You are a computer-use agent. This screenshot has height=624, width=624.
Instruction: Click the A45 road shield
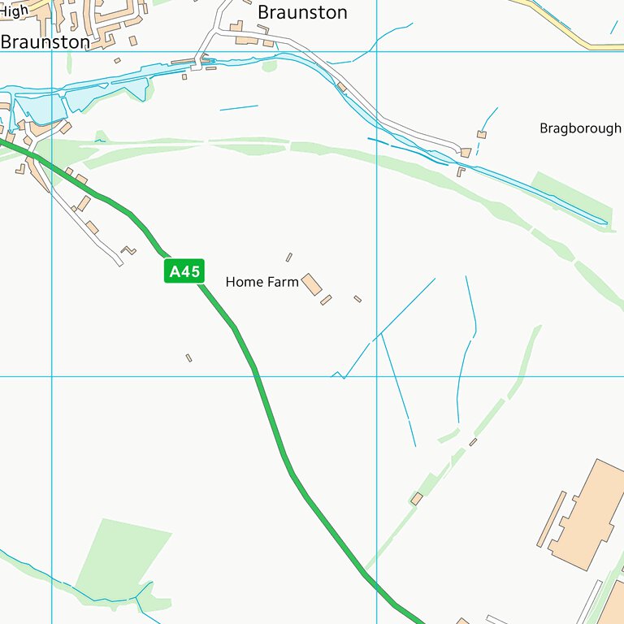184,271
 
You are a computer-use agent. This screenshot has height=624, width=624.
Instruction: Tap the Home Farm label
262,282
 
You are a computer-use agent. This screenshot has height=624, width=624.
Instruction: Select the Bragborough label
580,128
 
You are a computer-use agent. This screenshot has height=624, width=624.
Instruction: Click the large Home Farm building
312,283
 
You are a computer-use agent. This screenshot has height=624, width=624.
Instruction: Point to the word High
14,11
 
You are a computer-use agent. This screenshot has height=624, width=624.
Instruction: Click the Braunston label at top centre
302,12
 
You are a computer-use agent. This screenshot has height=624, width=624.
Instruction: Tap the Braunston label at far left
45,41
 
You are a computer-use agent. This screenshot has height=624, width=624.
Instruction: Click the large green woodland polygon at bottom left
122,561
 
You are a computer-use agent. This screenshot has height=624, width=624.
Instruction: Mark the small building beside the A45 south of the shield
188,357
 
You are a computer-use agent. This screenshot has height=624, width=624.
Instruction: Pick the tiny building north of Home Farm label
288,258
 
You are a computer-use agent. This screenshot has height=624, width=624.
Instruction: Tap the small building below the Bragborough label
482,134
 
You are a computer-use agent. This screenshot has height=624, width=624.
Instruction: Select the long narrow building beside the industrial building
552,518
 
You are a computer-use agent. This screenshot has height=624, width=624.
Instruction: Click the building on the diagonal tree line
417,498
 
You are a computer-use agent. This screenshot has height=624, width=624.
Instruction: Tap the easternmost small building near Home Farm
357,299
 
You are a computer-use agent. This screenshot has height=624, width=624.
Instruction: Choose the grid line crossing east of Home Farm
376,376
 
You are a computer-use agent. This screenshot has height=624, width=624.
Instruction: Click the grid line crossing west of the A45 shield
52,376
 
